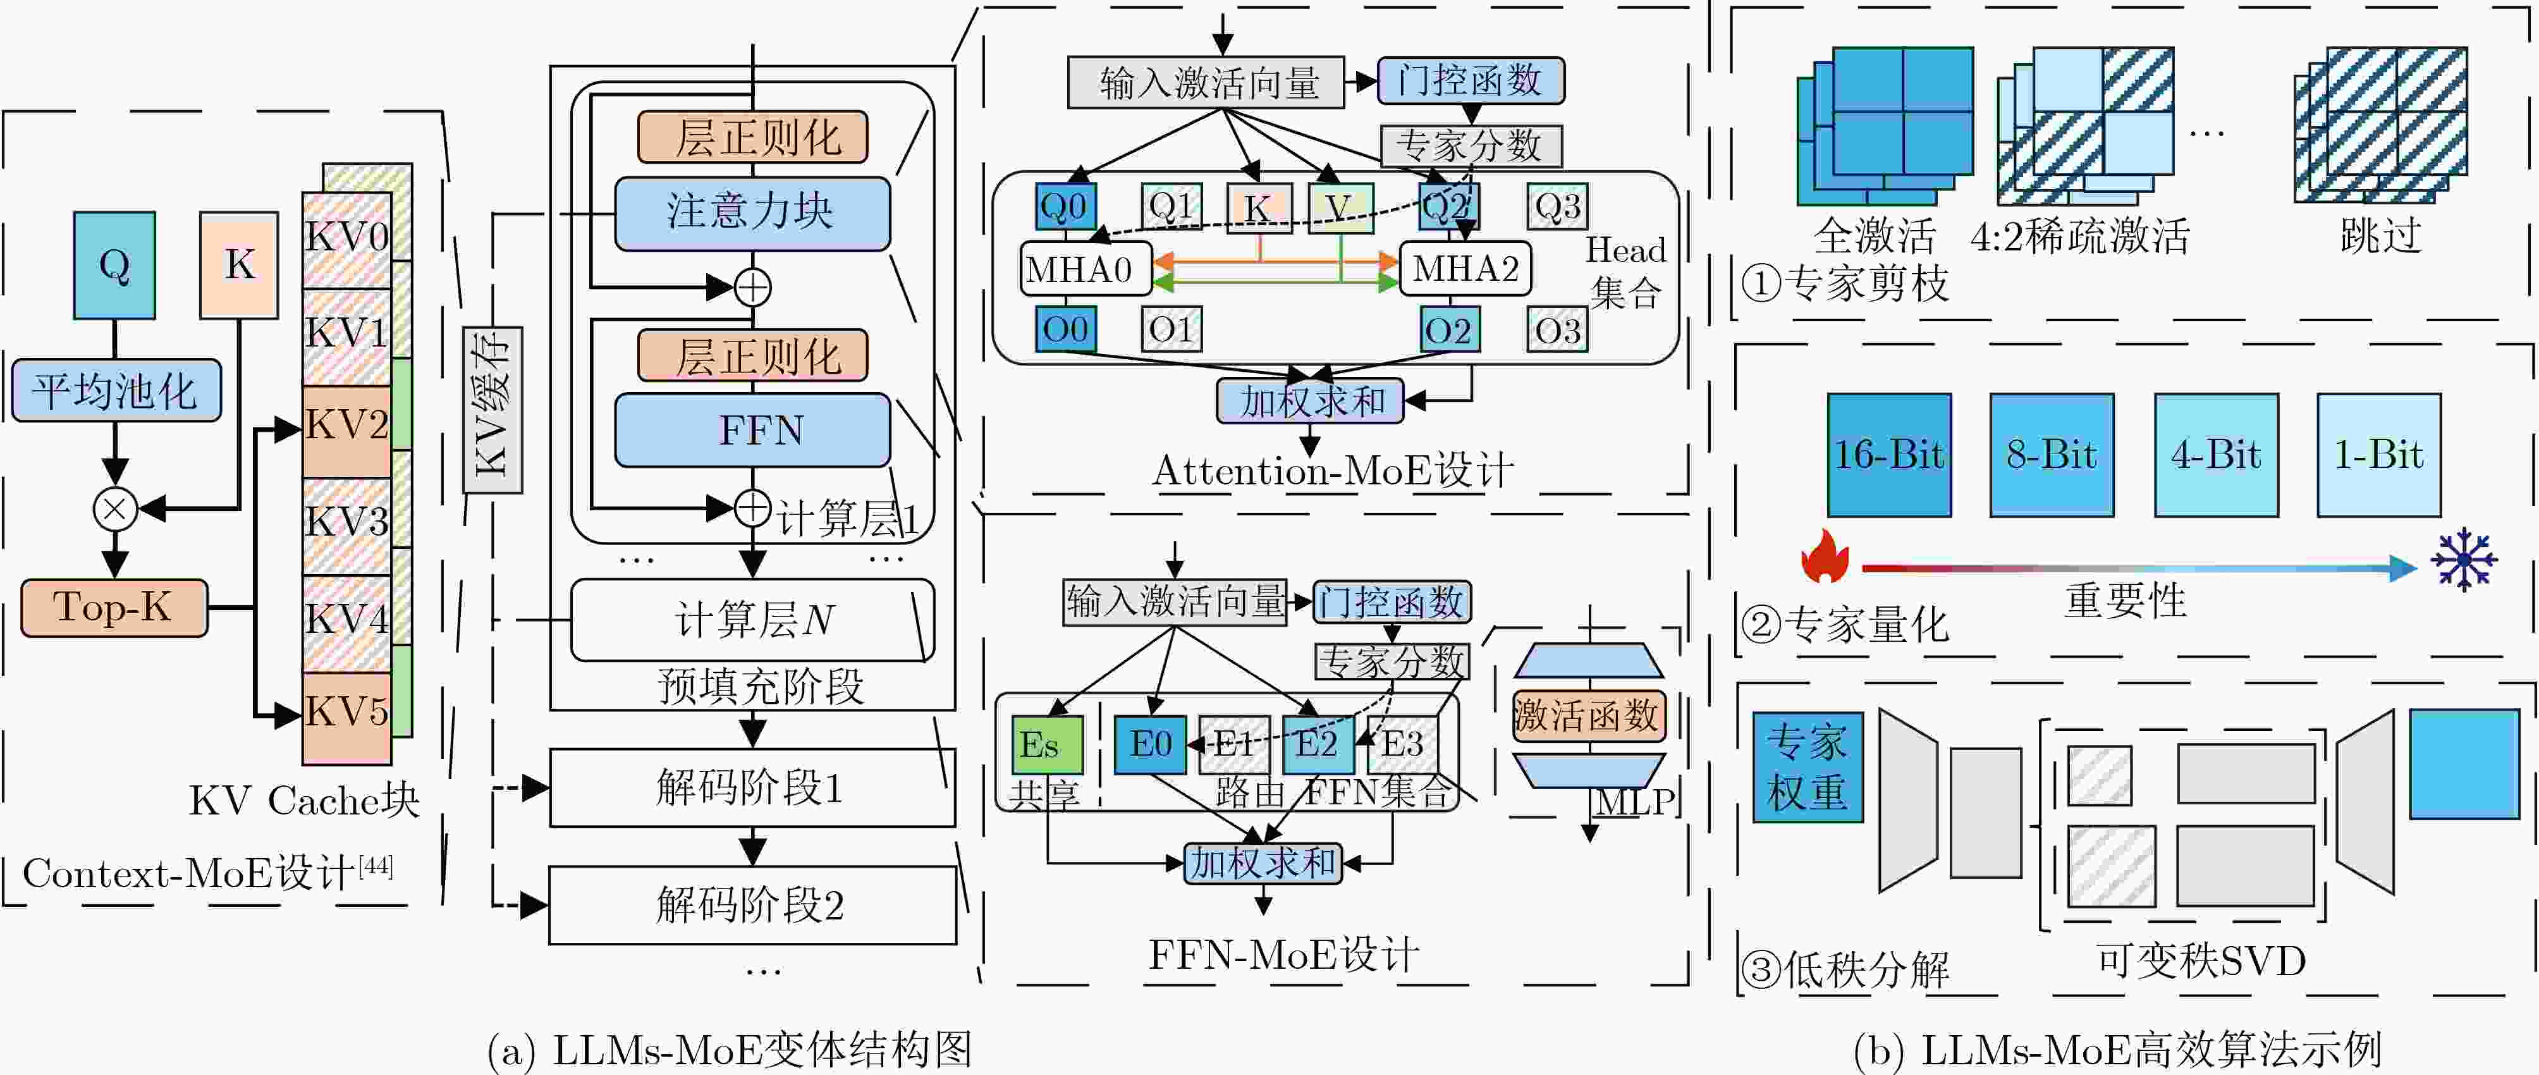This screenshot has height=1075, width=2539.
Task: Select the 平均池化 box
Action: click(x=116, y=391)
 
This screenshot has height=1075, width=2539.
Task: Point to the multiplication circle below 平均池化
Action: click(x=115, y=509)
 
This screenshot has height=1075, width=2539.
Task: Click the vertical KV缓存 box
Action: click(x=493, y=408)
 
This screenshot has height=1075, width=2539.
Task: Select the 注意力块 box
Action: click(x=752, y=213)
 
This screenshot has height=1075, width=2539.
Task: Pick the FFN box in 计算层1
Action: click(x=752, y=430)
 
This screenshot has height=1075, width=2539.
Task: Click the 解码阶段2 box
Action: click(x=752, y=904)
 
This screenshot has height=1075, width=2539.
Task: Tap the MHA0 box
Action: click(x=1085, y=268)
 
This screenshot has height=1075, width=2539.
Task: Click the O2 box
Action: click(x=1448, y=329)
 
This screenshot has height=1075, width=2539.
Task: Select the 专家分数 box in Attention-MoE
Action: click(x=1471, y=146)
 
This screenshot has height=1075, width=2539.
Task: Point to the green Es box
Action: click(x=1048, y=746)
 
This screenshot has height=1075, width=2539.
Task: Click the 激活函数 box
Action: click(x=1589, y=716)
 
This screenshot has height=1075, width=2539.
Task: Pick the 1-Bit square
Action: click(x=2379, y=455)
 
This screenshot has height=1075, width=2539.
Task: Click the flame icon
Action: click(x=1825, y=556)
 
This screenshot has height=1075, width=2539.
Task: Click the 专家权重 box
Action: click(x=1808, y=767)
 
